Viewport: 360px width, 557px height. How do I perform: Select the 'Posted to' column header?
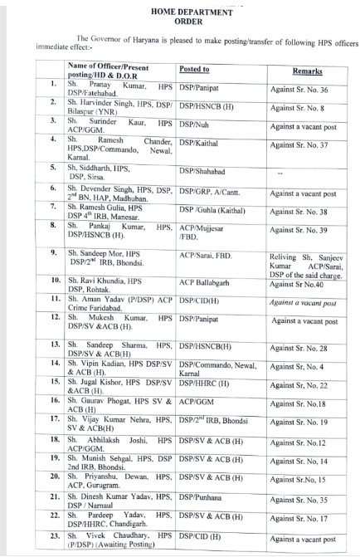pyautogui.click(x=194, y=70)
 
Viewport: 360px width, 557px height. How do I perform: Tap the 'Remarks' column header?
pyautogui.click(x=309, y=72)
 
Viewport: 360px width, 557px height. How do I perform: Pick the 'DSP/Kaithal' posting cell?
pyautogui.click(x=199, y=143)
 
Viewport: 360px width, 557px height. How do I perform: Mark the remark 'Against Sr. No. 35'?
pyautogui.click(x=305, y=501)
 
